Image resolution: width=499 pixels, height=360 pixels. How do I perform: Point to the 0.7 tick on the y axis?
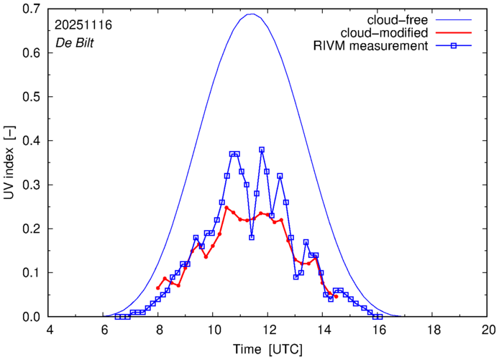pos(31,9)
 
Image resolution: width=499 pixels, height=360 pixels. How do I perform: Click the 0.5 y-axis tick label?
pos(31,97)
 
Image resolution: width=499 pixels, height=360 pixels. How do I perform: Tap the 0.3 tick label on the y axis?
pos(31,185)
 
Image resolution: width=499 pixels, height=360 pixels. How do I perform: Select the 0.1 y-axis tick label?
pos(31,272)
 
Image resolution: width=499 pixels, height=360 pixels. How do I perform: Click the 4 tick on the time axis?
pos(50,329)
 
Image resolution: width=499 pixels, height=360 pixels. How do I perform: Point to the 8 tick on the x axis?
pos(159,329)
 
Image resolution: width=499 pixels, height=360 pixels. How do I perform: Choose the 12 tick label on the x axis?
pos(269,329)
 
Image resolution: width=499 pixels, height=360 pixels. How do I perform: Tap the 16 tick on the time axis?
pos(379,329)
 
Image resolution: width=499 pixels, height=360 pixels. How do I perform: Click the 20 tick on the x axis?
pos(488,329)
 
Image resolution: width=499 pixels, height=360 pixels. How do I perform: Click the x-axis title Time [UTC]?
pos(268,349)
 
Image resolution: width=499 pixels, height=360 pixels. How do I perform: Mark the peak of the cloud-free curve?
pos(251,14)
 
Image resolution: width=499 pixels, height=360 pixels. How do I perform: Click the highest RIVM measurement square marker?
pos(262,150)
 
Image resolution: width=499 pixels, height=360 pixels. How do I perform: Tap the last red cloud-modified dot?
pos(336,296)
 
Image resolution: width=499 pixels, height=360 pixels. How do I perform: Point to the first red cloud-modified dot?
pos(157,288)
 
